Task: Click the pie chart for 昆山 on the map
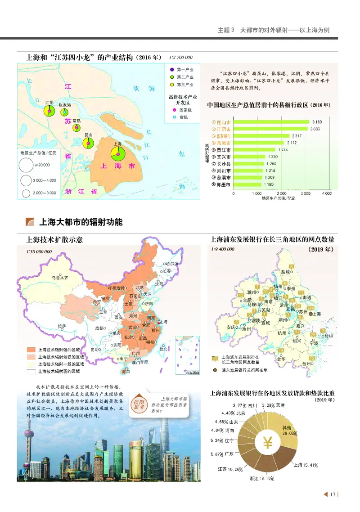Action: (x=88, y=144)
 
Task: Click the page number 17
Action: (x=333, y=495)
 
